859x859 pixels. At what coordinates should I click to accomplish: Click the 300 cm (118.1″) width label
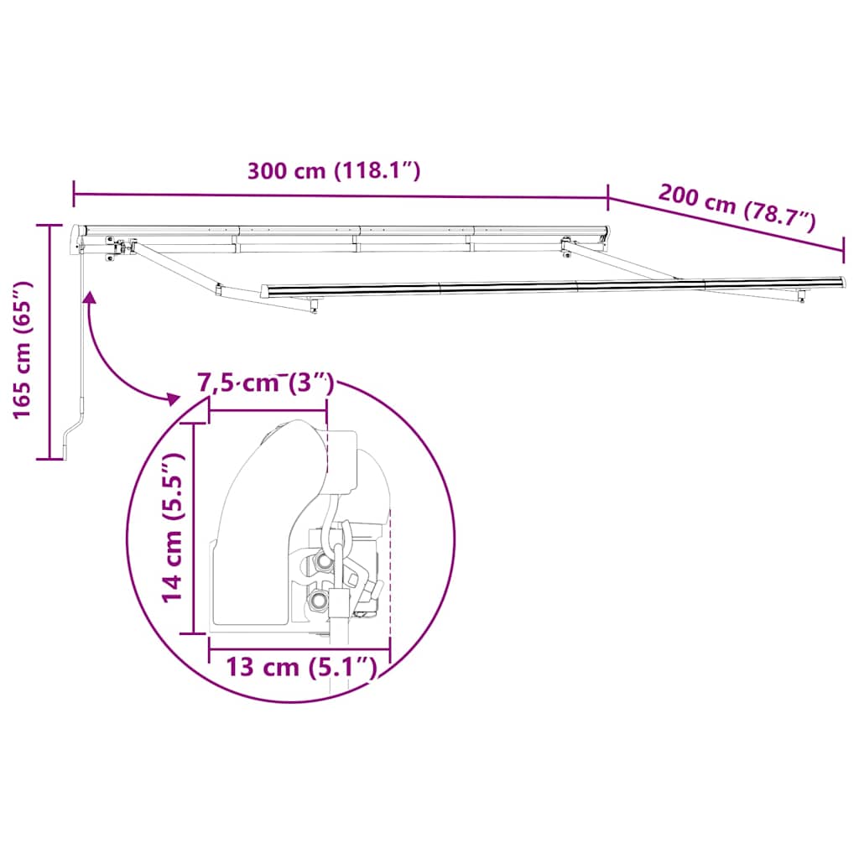[333, 171]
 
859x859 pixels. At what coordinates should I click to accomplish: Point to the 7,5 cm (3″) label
[266, 383]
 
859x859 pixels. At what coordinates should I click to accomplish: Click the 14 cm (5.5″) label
[173, 526]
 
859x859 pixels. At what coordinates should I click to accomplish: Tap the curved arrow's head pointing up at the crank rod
[88, 295]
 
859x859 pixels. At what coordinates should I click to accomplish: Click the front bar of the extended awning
[554, 286]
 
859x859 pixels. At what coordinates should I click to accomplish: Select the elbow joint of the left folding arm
[217, 290]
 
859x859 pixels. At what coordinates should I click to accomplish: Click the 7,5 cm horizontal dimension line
[268, 410]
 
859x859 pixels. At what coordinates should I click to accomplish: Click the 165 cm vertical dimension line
[50, 342]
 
